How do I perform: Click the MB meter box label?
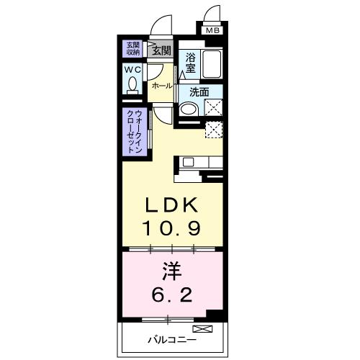(x=212, y=31)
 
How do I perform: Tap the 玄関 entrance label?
(x=161, y=50)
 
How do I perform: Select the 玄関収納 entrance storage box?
(x=134, y=48)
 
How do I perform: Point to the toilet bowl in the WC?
(x=132, y=85)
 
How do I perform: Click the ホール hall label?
(x=161, y=86)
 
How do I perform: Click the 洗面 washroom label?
(x=199, y=92)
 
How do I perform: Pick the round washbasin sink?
(x=188, y=109)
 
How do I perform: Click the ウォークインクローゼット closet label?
(x=134, y=130)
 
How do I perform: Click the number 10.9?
(x=171, y=228)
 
